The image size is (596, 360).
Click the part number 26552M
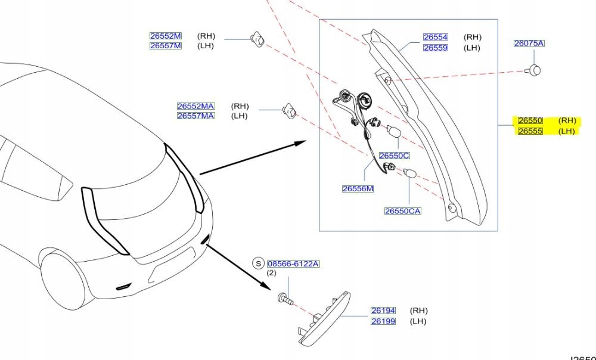tap(165, 36)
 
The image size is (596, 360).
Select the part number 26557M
tap(165, 46)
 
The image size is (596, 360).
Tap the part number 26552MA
tap(195, 106)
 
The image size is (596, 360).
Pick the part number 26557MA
tap(195, 116)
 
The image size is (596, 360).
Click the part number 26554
tap(435, 37)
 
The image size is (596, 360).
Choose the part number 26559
tap(435, 48)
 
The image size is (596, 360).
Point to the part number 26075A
tap(529, 44)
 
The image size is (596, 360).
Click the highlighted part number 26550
tap(530, 120)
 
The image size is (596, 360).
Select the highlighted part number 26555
tap(530, 131)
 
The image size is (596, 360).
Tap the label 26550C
tap(395, 156)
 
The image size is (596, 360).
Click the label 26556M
tap(358, 189)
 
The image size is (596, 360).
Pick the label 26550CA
tap(403, 211)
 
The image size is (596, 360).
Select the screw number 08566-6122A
tap(293, 263)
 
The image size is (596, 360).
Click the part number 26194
tap(383, 311)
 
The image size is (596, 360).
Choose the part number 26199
tap(383, 321)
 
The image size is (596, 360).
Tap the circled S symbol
tap(258, 263)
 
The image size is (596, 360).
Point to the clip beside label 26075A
tap(534, 70)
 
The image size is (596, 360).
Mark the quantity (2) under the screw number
tap(271, 273)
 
